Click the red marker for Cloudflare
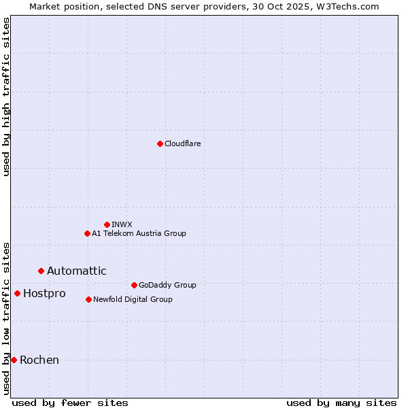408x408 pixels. [160, 143]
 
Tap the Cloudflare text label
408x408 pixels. [182, 143]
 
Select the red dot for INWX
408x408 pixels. [107, 224]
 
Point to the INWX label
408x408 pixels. [122, 224]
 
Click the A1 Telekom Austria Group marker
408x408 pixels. [87, 233]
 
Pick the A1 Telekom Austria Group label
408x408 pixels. [139, 233]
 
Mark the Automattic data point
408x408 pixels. [41, 271]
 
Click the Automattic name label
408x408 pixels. [76, 271]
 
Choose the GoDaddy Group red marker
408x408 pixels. [134, 285]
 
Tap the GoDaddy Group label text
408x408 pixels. [167, 285]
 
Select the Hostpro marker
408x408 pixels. [17, 293]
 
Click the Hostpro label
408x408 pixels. [44, 294]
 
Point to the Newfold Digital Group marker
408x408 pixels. [88, 299]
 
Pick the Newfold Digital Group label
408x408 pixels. [133, 299]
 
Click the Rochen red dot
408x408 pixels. [14, 360]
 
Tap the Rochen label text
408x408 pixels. [39, 360]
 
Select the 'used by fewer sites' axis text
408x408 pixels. [70, 403]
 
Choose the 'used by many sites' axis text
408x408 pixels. [341, 403]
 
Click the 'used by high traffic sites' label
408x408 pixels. [7, 97]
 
